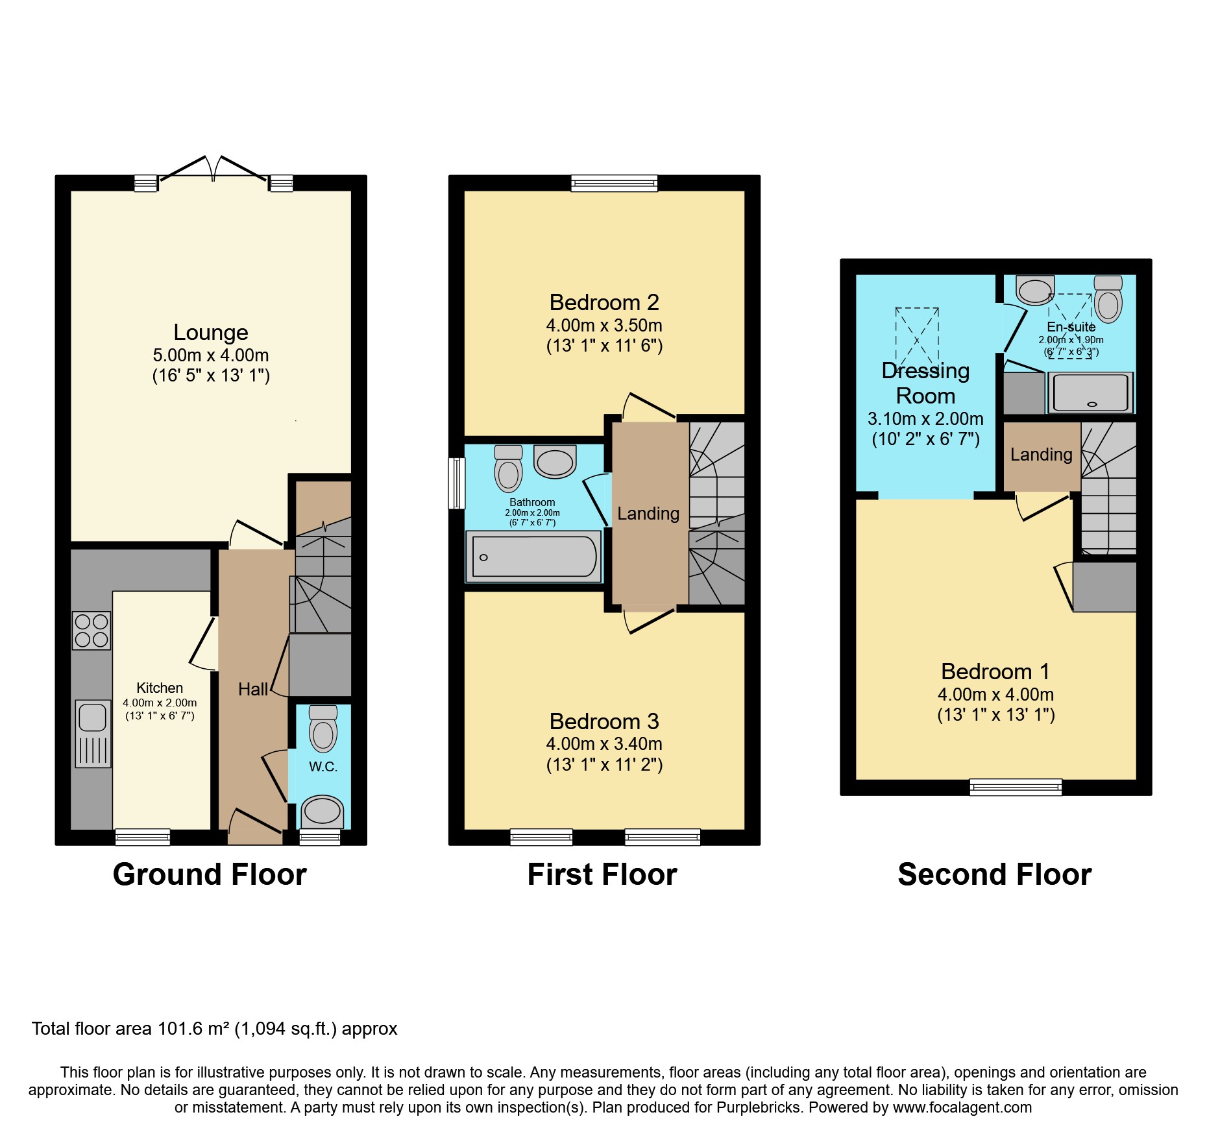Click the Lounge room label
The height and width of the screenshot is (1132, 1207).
pyautogui.click(x=210, y=332)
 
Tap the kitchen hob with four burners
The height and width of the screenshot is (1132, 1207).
pyautogui.click(x=91, y=631)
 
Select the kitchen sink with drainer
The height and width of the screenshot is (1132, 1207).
pyautogui.click(x=93, y=733)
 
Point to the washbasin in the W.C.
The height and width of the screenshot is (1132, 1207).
pyautogui.click(x=323, y=812)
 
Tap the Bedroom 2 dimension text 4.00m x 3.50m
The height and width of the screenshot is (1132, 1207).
pyautogui.click(x=603, y=325)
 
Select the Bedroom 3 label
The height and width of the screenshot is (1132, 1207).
pyautogui.click(x=603, y=721)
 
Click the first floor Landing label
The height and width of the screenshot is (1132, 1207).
pyautogui.click(x=648, y=513)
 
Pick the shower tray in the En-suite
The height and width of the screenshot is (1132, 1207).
pyautogui.click(x=1091, y=392)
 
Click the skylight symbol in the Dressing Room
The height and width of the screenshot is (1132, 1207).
pyautogui.click(x=917, y=335)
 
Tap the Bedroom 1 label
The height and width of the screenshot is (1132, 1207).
pyautogui.click(x=995, y=671)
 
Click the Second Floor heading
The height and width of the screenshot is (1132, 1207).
pyautogui.click(x=994, y=874)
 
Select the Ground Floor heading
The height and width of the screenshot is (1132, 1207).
pyautogui.click(x=210, y=874)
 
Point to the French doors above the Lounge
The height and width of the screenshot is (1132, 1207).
pyautogui.click(x=213, y=170)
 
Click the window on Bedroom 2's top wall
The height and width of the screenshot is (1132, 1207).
pyautogui.click(x=614, y=184)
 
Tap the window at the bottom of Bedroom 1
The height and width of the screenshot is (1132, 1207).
pyautogui.click(x=1016, y=787)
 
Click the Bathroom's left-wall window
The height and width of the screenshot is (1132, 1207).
pyautogui.click(x=457, y=483)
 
